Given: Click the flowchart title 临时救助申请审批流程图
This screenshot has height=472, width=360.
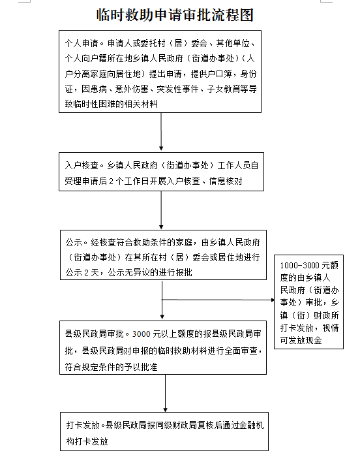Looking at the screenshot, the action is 175,15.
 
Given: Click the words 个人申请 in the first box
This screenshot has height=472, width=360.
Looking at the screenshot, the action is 82,43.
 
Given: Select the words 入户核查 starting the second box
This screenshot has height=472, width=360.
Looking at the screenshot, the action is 82,165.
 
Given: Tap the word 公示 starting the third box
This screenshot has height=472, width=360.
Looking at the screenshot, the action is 74,242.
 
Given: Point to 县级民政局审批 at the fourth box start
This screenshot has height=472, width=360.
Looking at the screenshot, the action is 94,334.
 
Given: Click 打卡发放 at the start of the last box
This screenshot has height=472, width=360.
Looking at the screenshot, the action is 83,425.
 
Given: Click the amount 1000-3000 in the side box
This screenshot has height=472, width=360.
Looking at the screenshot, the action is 299,265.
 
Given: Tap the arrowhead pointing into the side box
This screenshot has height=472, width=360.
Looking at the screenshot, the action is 273,300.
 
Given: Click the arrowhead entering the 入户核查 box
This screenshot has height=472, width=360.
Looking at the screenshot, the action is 161,148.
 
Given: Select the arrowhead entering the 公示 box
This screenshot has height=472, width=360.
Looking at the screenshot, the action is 161,227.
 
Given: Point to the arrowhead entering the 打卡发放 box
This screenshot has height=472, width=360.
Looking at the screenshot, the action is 165,410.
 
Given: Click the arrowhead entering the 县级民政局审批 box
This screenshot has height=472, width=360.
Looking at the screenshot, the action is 162,317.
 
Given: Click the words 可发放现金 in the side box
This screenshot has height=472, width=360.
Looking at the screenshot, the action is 301,341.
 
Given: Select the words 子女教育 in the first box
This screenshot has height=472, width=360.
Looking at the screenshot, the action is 224,89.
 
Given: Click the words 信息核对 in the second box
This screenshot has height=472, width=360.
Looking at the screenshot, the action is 226,181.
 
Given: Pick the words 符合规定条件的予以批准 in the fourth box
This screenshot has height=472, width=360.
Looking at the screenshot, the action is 111,367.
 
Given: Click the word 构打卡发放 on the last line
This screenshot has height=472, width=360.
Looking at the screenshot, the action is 87,441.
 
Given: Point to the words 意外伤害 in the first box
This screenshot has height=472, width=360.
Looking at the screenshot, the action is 132,89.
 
